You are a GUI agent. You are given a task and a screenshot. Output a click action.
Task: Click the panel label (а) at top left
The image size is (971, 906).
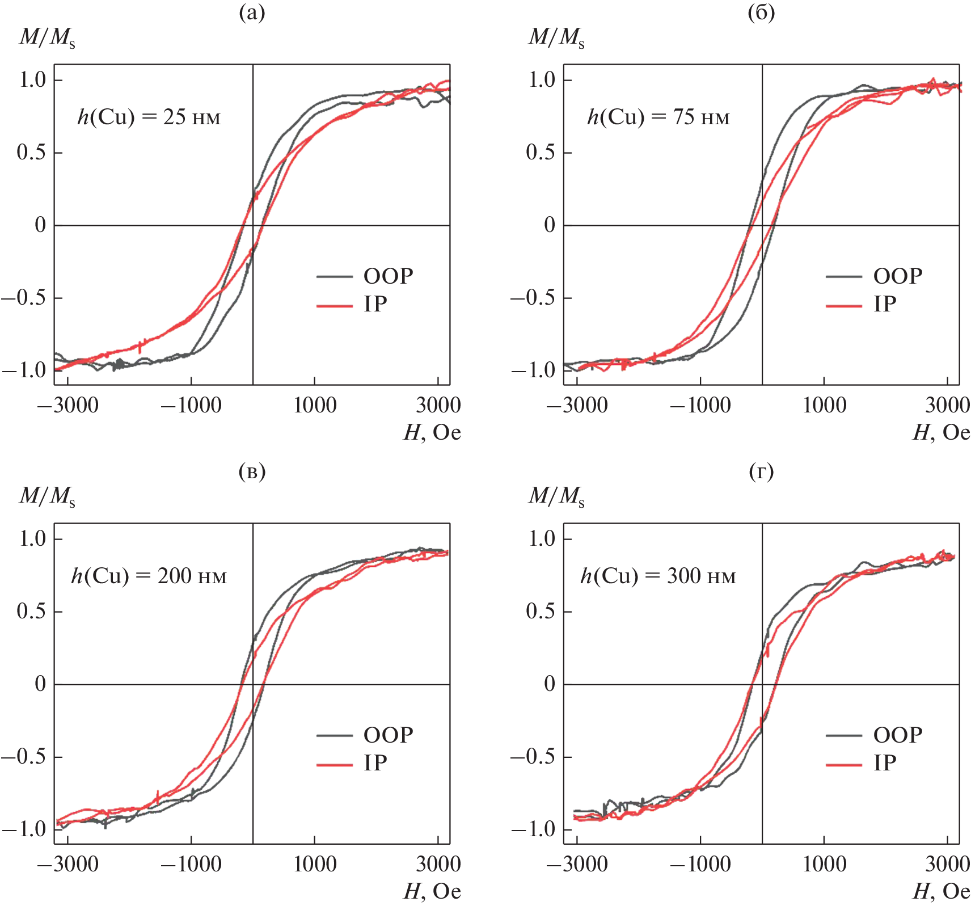[252, 12]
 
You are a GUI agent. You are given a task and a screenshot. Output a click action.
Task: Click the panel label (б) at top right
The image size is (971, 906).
[761, 12]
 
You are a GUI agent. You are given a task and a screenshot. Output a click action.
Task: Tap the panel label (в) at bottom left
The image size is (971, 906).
[252, 471]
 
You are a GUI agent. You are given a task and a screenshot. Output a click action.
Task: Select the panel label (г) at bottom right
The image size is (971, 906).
[761, 471]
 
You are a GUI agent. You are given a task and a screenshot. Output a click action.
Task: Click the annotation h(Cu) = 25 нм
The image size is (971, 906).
[149, 117]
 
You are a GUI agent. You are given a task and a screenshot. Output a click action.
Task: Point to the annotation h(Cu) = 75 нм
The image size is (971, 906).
[658, 117]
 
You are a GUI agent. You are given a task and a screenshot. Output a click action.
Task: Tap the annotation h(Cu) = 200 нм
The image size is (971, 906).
[149, 576]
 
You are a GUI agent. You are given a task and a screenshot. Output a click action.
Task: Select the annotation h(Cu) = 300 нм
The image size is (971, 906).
[658, 576]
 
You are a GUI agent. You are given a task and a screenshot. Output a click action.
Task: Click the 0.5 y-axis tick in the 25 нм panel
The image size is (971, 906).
[32, 152]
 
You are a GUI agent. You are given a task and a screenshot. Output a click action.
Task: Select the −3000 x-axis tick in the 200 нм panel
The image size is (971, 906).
[68, 864]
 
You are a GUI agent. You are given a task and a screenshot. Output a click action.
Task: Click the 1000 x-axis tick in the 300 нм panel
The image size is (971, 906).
[824, 864]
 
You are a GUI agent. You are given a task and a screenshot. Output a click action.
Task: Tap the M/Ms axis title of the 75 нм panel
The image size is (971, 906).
[556, 37]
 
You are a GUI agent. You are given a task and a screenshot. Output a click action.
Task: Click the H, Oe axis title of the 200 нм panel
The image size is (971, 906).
[432, 892]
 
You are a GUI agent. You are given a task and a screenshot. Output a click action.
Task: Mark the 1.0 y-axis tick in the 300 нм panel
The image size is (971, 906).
[542, 538]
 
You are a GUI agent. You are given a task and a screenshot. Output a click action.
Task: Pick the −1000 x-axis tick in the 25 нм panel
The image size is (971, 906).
[191, 405]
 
